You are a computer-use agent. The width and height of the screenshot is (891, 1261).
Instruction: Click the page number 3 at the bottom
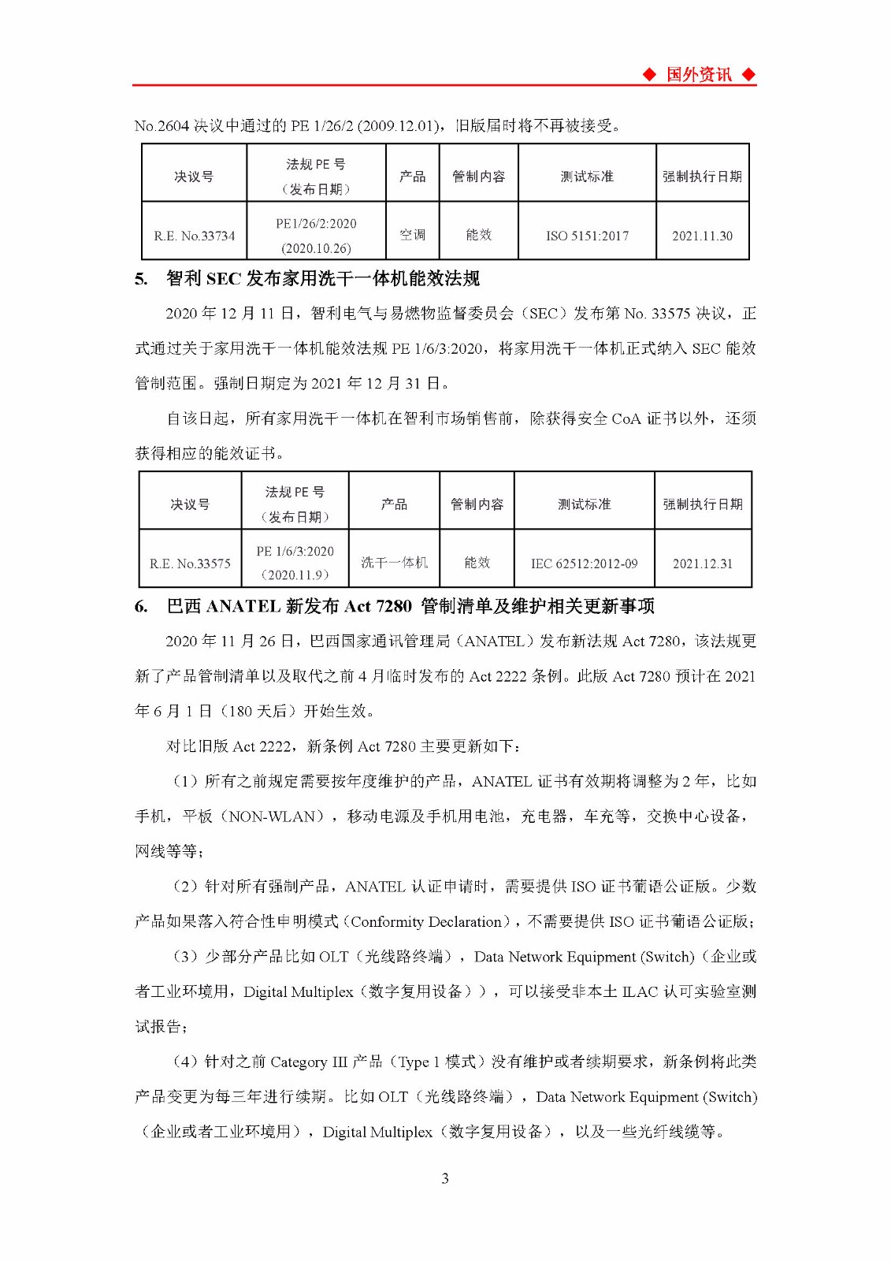[x=445, y=1179]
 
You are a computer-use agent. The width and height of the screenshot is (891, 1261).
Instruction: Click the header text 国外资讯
[x=699, y=75]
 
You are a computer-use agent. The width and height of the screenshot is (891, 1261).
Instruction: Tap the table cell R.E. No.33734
[x=194, y=236]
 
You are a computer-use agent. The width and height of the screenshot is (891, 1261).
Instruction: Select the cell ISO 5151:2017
[x=587, y=236]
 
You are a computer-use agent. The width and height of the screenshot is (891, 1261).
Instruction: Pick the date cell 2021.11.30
[x=702, y=236]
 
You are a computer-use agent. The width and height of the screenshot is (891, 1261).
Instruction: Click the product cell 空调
[x=412, y=235]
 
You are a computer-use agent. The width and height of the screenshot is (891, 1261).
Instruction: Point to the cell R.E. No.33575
[x=190, y=564]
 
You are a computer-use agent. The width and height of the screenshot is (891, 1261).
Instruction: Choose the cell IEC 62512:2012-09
[x=584, y=564]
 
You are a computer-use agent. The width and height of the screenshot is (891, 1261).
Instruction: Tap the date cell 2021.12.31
[x=702, y=564]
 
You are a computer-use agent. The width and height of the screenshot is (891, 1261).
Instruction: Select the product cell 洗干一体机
[x=394, y=563]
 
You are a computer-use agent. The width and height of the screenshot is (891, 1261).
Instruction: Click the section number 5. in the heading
[x=141, y=279]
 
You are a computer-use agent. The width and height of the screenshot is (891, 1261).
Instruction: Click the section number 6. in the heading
[x=141, y=607]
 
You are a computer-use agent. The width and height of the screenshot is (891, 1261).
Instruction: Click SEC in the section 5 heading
[x=223, y=279]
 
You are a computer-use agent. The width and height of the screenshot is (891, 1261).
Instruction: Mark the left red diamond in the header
[x=649, y=75]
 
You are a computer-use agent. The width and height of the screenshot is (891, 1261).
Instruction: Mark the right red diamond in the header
[x=748, y=75]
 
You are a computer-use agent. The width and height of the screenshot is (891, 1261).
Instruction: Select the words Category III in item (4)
[x=308, y=1062]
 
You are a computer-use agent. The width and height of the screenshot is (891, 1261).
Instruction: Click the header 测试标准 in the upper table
[x=587, y=177]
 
